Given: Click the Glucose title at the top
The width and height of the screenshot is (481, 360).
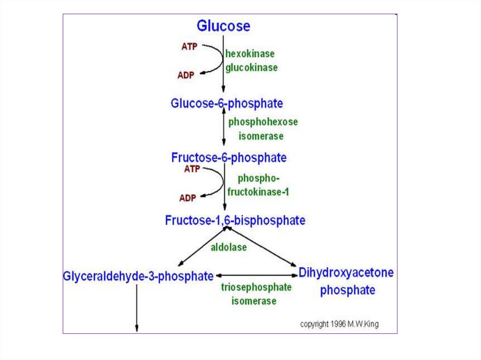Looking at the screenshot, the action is [223, 25].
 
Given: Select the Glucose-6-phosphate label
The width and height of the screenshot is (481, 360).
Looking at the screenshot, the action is [226, 103].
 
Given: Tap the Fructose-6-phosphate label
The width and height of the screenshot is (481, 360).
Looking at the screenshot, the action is [228, 157].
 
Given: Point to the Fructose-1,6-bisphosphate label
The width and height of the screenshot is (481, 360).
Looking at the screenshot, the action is [235, 220].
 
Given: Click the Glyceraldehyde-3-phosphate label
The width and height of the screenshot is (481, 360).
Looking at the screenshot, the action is [138, 276].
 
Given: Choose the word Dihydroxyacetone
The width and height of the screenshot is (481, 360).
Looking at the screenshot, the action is [346, 273].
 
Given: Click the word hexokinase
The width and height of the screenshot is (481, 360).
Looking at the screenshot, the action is [249, 54].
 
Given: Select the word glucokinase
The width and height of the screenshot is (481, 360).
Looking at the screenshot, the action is [251, 68].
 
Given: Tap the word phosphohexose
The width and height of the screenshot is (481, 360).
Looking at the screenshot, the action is [263, 122].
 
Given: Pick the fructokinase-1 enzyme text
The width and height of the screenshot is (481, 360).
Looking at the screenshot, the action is [258, 192].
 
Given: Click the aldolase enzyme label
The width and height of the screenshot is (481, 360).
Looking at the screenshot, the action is [228, 247].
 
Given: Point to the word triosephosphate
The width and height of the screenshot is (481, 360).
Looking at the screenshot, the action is [256, 287].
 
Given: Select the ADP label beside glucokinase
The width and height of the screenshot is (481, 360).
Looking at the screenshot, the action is [186, 75].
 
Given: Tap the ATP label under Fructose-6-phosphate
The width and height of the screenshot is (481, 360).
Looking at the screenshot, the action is [192, 169].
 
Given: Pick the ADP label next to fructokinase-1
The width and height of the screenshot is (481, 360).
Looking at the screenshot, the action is [187, 198].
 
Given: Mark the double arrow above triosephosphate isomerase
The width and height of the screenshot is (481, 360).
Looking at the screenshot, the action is [256, 276].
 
